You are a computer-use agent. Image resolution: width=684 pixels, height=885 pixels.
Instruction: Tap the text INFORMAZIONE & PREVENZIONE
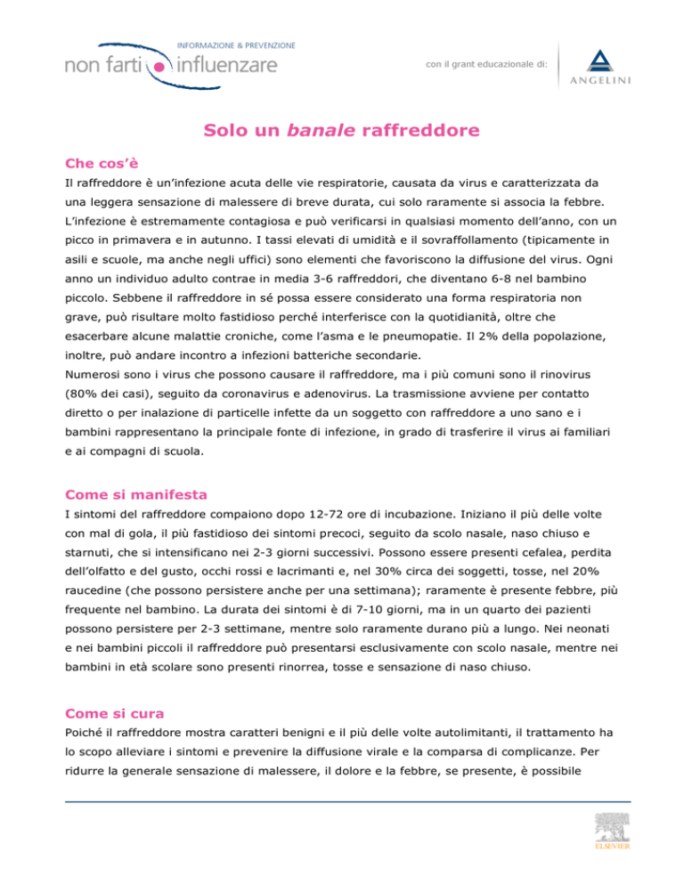[x=237, y=44]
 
